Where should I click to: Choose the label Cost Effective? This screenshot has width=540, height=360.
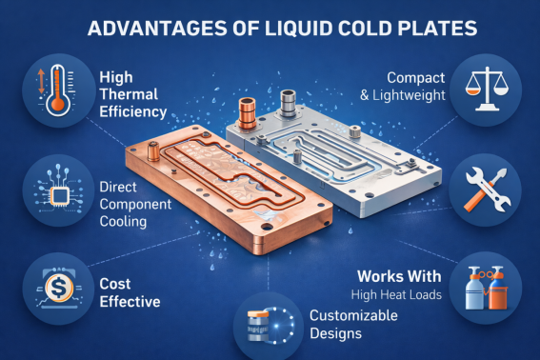tap(129, 292)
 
